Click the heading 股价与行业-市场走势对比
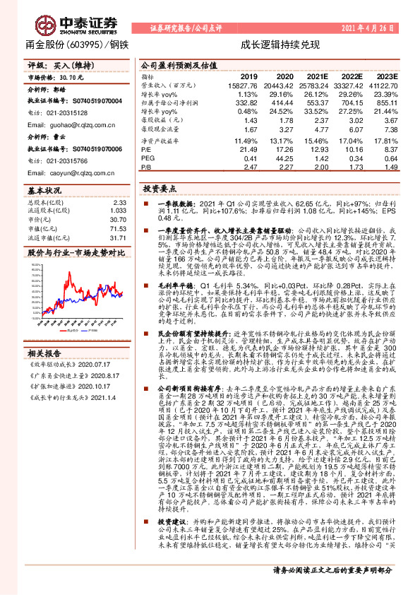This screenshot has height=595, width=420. pos(74,252)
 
